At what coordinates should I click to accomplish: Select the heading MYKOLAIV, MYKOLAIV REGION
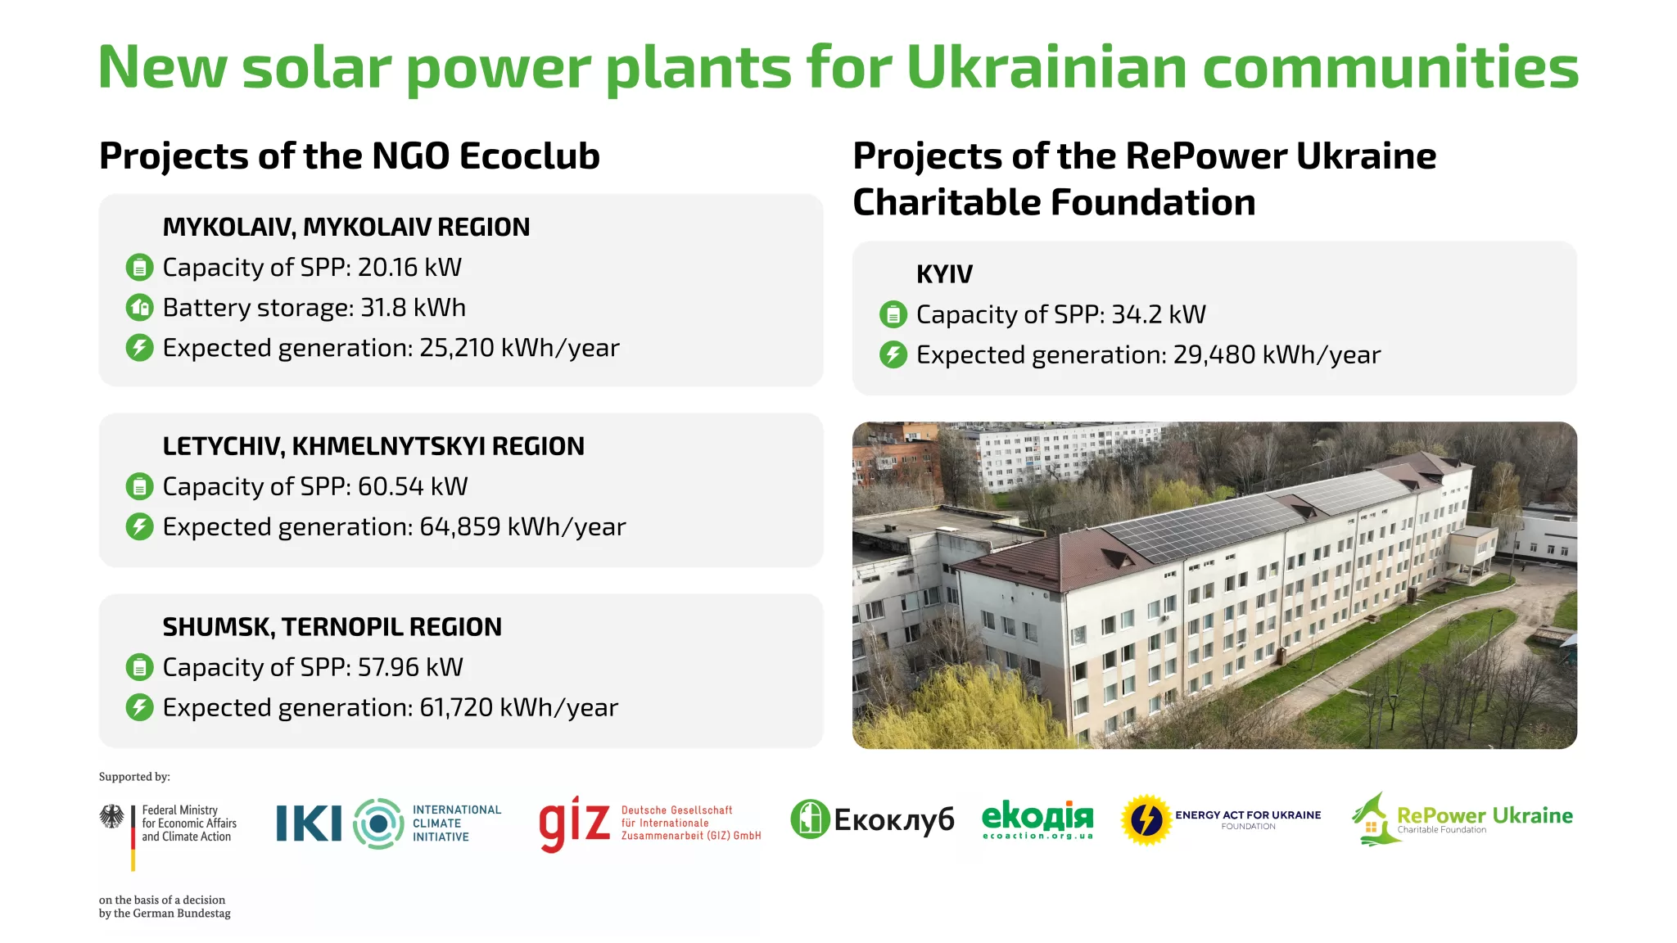click(346, 227)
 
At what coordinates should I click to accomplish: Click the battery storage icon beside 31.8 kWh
click(139, 308)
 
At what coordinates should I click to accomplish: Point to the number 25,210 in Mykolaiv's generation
click(456, 348)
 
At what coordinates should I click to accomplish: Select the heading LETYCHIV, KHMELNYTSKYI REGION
click(373, 446)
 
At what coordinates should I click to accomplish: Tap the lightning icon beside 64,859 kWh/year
click(139, 526)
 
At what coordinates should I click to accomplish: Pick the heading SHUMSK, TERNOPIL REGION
click(332, 627)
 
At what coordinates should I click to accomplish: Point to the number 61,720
click(456, 707)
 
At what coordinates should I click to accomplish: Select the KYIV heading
click(944, 274)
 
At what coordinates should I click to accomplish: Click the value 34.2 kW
click(1158, 314)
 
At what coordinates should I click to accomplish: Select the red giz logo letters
click(574, 823)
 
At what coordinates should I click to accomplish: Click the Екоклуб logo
click(872, 819)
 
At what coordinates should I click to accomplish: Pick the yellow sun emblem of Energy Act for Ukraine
click(1146, 819)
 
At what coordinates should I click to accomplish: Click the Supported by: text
click(134, 777)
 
